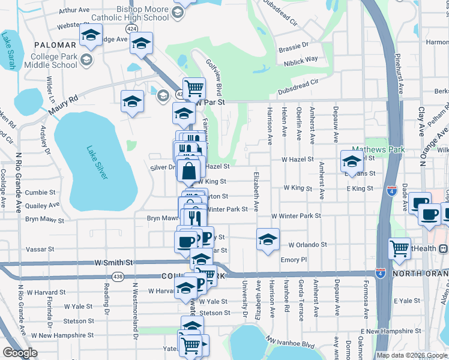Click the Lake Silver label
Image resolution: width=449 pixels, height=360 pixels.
[x=96, y=162]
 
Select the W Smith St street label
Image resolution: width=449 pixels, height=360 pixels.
[x=113, y=263]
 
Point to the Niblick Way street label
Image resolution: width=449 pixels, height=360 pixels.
[x=302, y=59]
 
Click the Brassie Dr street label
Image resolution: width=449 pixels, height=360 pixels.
[x=296, y=45]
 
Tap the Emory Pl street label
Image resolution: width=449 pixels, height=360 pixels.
[x=294, y=260]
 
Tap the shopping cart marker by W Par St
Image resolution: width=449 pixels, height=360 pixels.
[x=194, y=88]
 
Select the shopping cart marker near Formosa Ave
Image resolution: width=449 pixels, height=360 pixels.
[x=399, y=248]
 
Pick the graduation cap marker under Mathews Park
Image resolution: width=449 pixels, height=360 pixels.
[x=352, y=161]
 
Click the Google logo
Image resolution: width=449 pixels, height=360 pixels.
[x=20, y=353]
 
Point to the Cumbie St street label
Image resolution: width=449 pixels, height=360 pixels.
[x=40, y=193]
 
